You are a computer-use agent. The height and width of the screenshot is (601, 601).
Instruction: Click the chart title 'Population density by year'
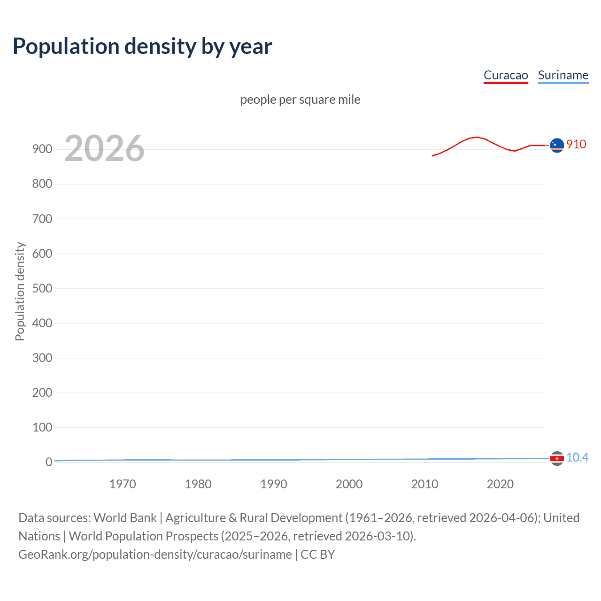(x=142, y=46)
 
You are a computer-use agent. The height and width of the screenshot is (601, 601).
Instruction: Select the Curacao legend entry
(x=506, y=75)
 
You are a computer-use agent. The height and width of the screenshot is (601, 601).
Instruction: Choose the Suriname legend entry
(x=563, y=75)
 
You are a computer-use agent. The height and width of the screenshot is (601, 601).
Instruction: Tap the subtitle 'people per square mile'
(x=300, y=100)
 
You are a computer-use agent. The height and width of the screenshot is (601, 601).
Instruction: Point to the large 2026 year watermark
(x=104, y=148)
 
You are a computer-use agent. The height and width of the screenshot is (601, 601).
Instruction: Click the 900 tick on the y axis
(x=42, y=149)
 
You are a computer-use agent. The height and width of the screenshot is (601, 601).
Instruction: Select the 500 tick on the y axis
(x=42, y=288)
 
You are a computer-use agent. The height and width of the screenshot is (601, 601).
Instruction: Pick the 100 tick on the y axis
(x=42, y=427)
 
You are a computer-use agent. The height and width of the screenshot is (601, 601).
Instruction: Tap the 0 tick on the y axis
(x=49, y=462)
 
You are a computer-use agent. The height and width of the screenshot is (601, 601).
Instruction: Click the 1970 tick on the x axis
(x=123, y=484)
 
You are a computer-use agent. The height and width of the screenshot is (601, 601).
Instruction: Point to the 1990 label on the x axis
(x=274, y=484)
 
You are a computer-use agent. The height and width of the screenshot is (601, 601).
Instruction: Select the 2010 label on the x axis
(x=424, y=484)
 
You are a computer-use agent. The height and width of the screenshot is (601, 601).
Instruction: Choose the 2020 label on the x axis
(x=500, y=484)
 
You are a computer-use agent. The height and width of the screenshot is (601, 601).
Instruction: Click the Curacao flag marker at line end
(x=557, y=146)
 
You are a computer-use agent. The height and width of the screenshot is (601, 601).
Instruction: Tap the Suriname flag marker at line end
(x=557, y=458)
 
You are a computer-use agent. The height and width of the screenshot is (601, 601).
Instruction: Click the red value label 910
(x=576, y=144)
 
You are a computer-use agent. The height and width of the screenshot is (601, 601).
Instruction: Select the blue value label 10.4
(x=577, y=457)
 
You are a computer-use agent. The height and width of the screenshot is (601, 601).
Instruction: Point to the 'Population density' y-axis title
(x=20, y=291)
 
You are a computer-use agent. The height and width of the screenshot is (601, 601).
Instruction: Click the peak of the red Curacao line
(x=477, y=137)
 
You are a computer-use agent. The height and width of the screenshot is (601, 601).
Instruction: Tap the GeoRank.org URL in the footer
(x=155, y=555)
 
